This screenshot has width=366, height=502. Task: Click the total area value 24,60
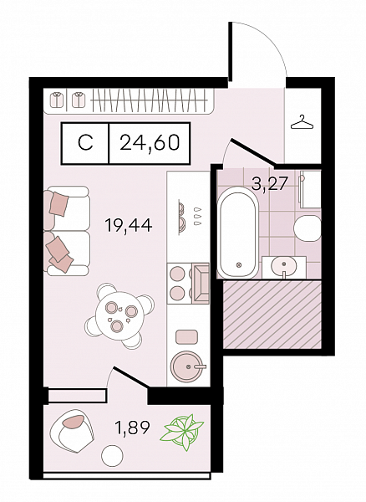[150, 143]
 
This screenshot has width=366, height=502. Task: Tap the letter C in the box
[85, 143]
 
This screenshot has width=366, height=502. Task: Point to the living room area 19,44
[129, 226]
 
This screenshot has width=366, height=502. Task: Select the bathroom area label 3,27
[268, 185]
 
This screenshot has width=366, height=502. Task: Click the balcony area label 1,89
[133, 428]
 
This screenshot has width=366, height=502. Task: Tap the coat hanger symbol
[302, 123]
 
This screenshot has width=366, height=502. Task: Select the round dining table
[119, 315]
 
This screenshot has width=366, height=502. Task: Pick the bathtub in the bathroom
[237, 233]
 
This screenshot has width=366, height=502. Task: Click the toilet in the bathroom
[307, 228]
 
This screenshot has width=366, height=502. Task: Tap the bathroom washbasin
[283, 266]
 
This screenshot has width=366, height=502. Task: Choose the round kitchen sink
[188, 366]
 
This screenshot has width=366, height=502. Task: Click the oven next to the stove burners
[201, 284]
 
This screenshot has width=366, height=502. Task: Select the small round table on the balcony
[112, 456]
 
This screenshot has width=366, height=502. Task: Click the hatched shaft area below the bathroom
[272, 314]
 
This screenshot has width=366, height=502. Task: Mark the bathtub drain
[238, 265]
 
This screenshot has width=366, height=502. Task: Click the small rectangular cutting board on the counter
[186, 336]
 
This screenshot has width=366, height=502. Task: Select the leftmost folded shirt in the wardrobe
[58, 100]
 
